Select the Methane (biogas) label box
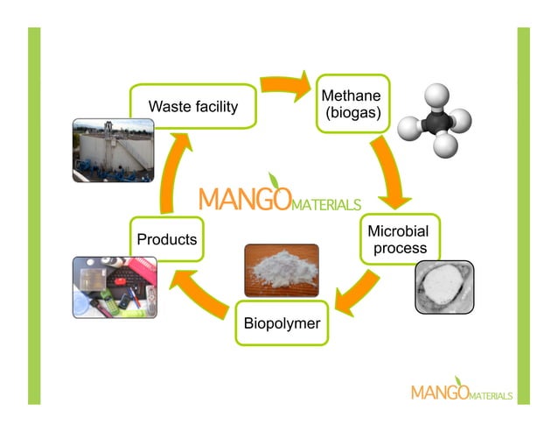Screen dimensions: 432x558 tap(352, 103)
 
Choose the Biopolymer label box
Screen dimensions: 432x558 tap(281, 324)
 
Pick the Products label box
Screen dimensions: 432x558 tap(167, 238)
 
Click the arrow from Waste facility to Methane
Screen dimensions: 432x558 tap(285, 86)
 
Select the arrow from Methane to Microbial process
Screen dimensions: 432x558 tap(388, 172)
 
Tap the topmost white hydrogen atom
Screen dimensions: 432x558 tap(436, 94)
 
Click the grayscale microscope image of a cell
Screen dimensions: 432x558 tap(443, 287)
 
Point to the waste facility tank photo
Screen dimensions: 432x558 tap(113, 150)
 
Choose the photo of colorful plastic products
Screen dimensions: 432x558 tap(113, 287)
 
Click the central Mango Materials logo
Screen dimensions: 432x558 tap(278, 198)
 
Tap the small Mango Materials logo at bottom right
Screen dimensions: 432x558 tap(461, 391)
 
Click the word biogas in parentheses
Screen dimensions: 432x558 tap(352, 113)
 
